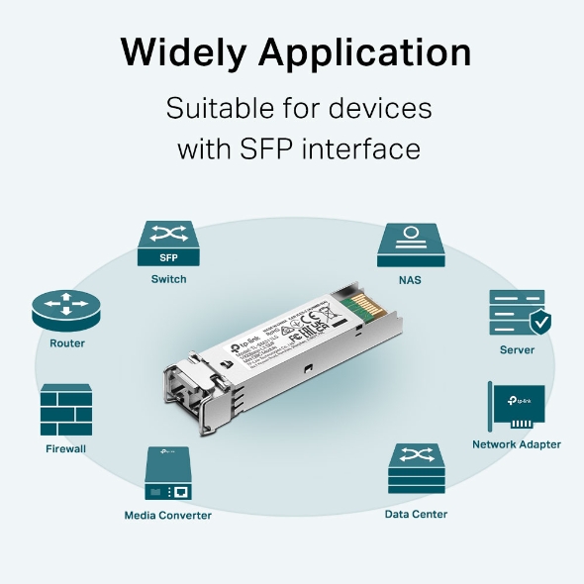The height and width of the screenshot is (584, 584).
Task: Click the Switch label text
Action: [168, 279]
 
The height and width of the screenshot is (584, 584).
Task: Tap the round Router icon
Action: [67, 312]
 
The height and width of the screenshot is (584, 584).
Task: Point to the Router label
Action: [67, 343]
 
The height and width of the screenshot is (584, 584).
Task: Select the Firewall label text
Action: [66, 448]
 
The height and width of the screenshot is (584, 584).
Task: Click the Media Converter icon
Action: [167, 474]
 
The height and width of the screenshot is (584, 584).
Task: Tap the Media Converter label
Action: [167, 515]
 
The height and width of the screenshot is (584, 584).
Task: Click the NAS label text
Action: [410, 280]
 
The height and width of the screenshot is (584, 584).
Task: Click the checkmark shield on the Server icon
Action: [540, 322]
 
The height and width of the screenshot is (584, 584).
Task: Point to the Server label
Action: [517, 349]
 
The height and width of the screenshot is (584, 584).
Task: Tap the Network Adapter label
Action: [516, 444]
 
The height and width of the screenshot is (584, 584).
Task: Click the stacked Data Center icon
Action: [416, 469]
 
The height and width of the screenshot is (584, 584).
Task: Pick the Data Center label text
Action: [416, 514]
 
